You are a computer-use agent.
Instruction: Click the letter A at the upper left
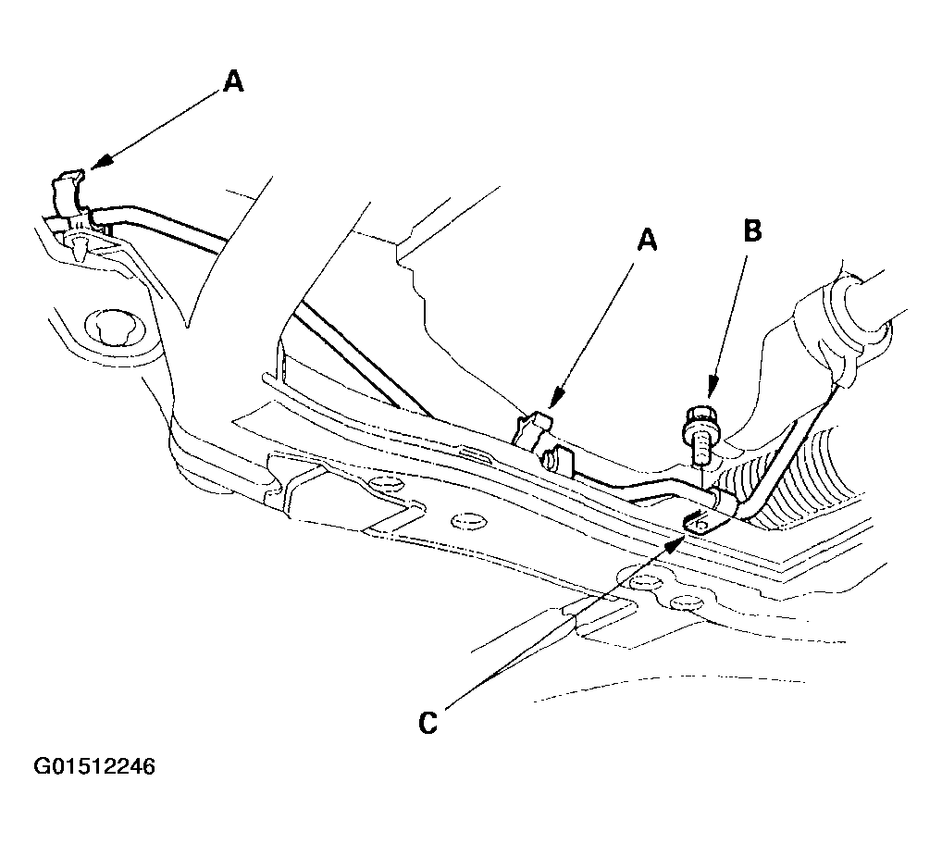(233, 81)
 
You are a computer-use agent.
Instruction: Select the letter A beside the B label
(647, 241)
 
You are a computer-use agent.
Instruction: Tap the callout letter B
(752, 230)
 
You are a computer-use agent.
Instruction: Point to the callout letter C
(428, 723)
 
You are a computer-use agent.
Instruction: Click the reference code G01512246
(94, 766)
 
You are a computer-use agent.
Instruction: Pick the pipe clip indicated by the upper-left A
(68, 193)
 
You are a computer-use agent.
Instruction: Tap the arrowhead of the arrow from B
(712, 388)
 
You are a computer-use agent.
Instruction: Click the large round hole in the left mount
(115, 329)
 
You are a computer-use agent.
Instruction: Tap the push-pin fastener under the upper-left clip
(79, 244)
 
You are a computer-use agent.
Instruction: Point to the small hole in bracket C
(699, 526)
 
